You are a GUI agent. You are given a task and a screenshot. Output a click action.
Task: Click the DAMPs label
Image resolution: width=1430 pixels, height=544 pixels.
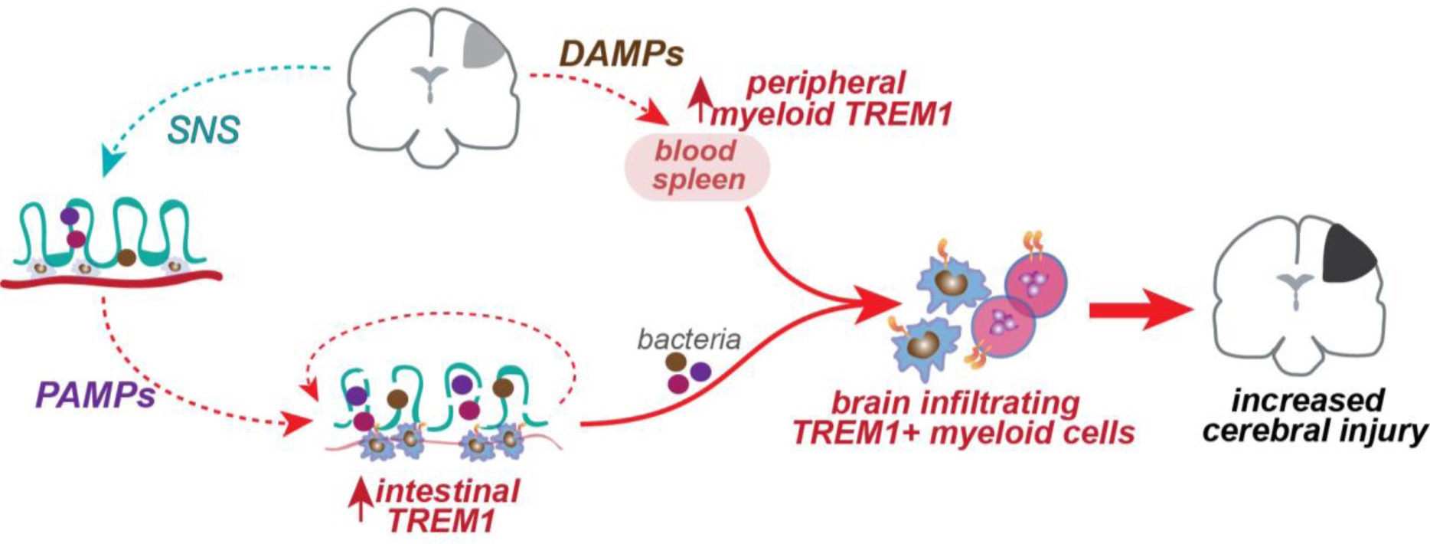click(x=621, y=54)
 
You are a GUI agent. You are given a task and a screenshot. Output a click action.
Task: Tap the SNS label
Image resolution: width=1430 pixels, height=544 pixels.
click(x=203, y=130)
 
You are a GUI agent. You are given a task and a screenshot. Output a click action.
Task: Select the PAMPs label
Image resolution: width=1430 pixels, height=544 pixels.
click(x=95, y=396)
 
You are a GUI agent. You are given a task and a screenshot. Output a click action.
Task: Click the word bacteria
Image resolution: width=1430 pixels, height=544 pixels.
click(x=688, y=339)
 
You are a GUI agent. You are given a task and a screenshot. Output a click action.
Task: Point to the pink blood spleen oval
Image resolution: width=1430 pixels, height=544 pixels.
click(x=697, y=166)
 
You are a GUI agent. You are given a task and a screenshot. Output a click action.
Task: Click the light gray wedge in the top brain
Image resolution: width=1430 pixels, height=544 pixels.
click(x=482, y=47)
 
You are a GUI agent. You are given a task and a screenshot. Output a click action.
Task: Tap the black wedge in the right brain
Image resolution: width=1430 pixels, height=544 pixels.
click(x=1347, y=254)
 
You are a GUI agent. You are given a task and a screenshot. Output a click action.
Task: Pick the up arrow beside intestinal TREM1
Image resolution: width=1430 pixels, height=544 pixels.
click(x=361, y=499)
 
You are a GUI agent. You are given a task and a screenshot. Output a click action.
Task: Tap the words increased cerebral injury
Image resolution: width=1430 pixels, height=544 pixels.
click(x=1313, y=416)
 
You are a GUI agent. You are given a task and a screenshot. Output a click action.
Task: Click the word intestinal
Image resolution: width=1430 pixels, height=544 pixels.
click(x=448, y=491)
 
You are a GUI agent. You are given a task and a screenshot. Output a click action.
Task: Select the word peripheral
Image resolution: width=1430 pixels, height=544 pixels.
click(x=825, y=84)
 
